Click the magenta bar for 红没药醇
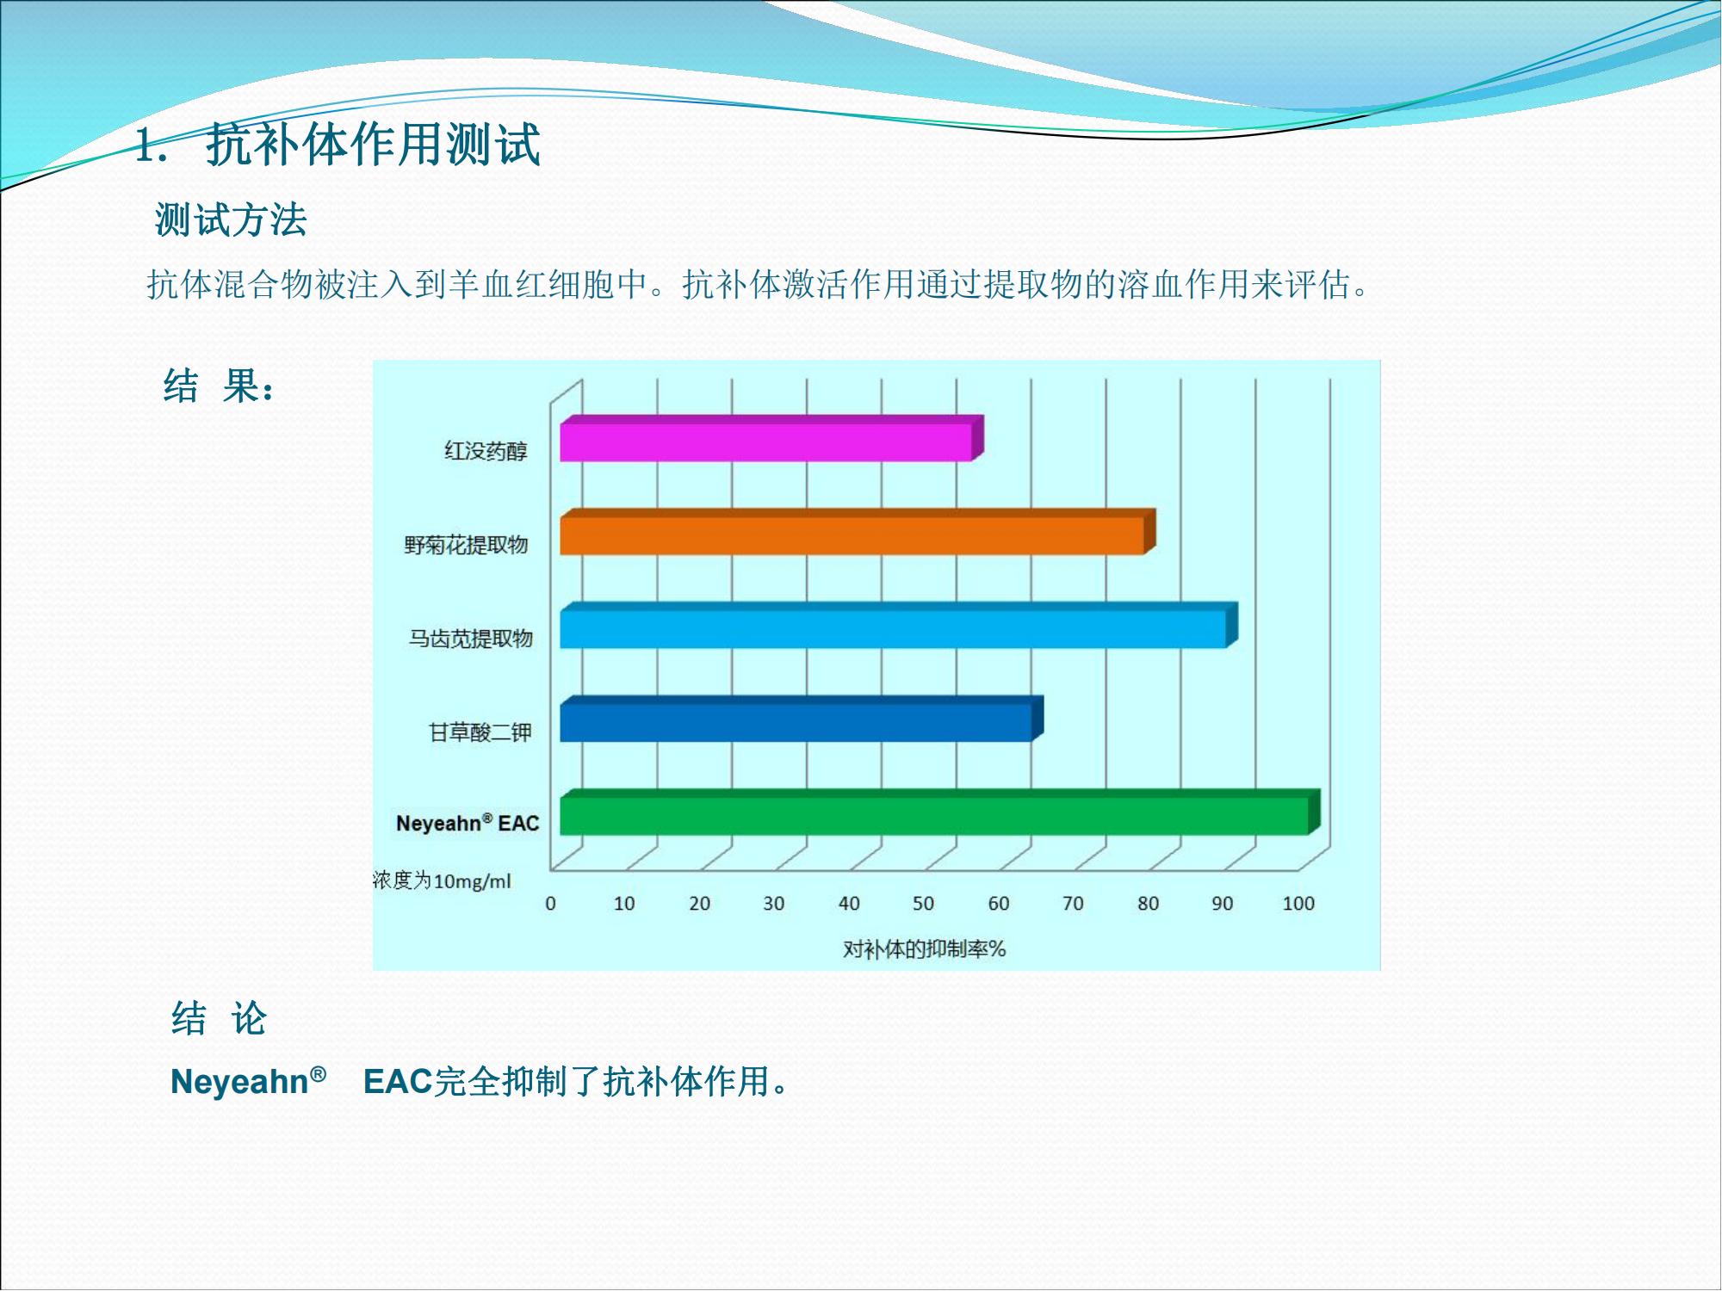tap(771, 438)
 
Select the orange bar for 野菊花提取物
tap(858, 532)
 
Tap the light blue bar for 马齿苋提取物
tap(899, 626)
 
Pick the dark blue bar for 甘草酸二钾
tap(802, 720)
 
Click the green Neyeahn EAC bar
tap(940, 812)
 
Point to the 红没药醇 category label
tap(486, 451)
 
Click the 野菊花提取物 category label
tap(466, 545)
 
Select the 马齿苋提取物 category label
tap(470, 639)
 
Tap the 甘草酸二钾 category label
tap(480, 732)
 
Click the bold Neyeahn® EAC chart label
tap(468, 823)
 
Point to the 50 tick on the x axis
tap(923, 904)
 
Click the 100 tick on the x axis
tap(1298, 904)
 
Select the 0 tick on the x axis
tap(550, 904)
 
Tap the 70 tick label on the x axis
tap(1073, 904)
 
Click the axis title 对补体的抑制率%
tap(924, 949)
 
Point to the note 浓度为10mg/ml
tap(442, 880)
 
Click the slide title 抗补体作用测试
tap(373, 144)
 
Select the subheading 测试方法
tap(231, 219)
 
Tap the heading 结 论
tap(219, 1019)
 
